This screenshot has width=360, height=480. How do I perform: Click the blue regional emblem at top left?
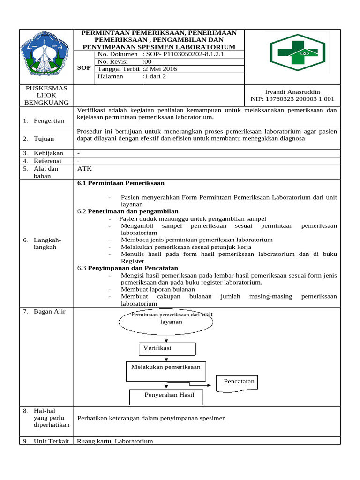45,56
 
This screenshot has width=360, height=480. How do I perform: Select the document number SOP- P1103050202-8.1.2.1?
185,54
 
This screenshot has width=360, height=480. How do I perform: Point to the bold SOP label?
84,68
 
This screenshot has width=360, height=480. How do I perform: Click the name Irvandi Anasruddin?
292,92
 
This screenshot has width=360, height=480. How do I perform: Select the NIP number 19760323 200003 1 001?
292,99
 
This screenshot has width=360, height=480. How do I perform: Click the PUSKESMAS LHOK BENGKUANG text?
46,95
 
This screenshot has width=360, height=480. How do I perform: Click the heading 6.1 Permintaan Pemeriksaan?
121,183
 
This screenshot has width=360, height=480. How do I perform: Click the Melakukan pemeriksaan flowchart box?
166,371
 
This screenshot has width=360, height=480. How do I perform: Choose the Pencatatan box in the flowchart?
240,382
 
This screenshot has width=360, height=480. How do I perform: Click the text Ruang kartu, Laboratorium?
115,441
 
